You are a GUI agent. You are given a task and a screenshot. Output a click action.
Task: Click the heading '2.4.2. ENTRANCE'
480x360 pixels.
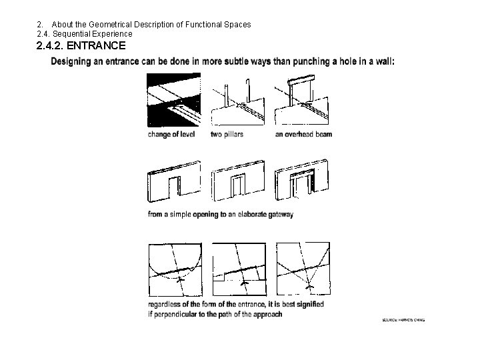click(x=81, y=46)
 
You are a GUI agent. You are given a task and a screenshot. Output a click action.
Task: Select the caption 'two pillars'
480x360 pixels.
click(x=227, y=134)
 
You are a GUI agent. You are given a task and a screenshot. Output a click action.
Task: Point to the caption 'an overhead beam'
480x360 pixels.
click(x=303, y=134)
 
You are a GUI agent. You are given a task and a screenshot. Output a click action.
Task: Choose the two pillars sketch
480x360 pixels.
click(x=237, y=100)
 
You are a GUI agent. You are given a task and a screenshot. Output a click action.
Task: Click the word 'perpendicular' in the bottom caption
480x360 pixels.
click(x=178, y=313)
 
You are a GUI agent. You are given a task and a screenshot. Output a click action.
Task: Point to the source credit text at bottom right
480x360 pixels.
click(x=403, y=319)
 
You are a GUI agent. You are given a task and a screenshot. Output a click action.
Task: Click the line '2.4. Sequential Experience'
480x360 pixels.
click(x=85, y=33)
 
